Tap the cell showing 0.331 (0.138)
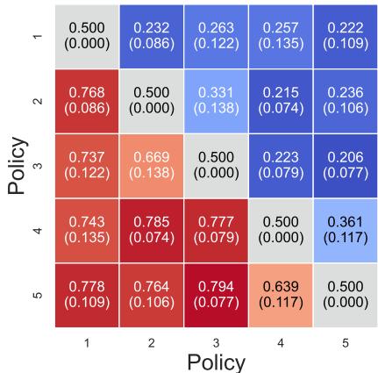tap(214, 101)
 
